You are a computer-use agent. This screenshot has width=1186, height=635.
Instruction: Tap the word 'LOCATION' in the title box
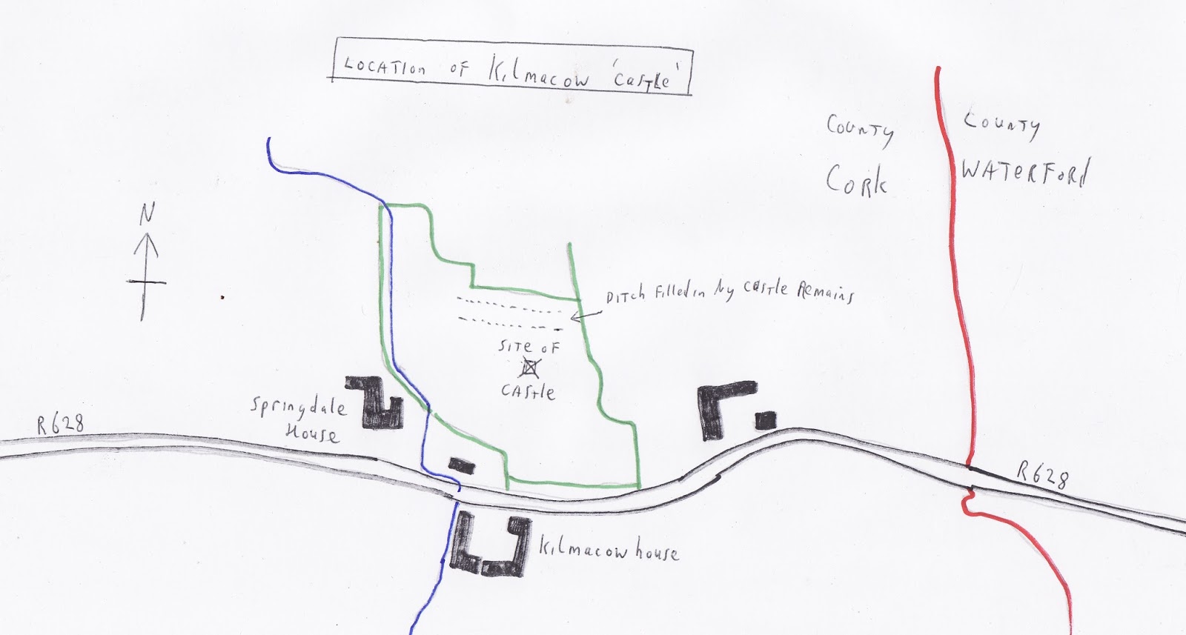pos(385,67)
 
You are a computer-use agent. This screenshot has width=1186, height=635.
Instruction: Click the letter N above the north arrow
pos(148,215)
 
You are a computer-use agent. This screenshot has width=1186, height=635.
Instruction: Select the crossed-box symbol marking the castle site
pos(529,368)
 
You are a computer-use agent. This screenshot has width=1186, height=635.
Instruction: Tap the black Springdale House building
pos(376,405)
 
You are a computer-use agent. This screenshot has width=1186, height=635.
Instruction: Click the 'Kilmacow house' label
pos(608,551)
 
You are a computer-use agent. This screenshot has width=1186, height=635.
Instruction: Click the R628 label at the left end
pos(61,424)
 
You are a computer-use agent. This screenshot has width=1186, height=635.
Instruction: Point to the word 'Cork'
pos(856,179)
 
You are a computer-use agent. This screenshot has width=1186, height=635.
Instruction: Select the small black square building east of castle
pos(766,421)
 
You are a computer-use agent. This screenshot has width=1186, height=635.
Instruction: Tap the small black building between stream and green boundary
pos(461,465)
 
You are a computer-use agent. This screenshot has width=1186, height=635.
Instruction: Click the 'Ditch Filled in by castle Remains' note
pos(730,292)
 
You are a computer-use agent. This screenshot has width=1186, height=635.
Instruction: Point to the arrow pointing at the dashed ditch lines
pos(586,314)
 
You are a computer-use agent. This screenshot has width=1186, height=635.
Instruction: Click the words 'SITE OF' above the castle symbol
pos(529,347)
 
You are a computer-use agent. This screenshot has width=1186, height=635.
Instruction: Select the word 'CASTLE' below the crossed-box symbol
pos(527,390)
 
